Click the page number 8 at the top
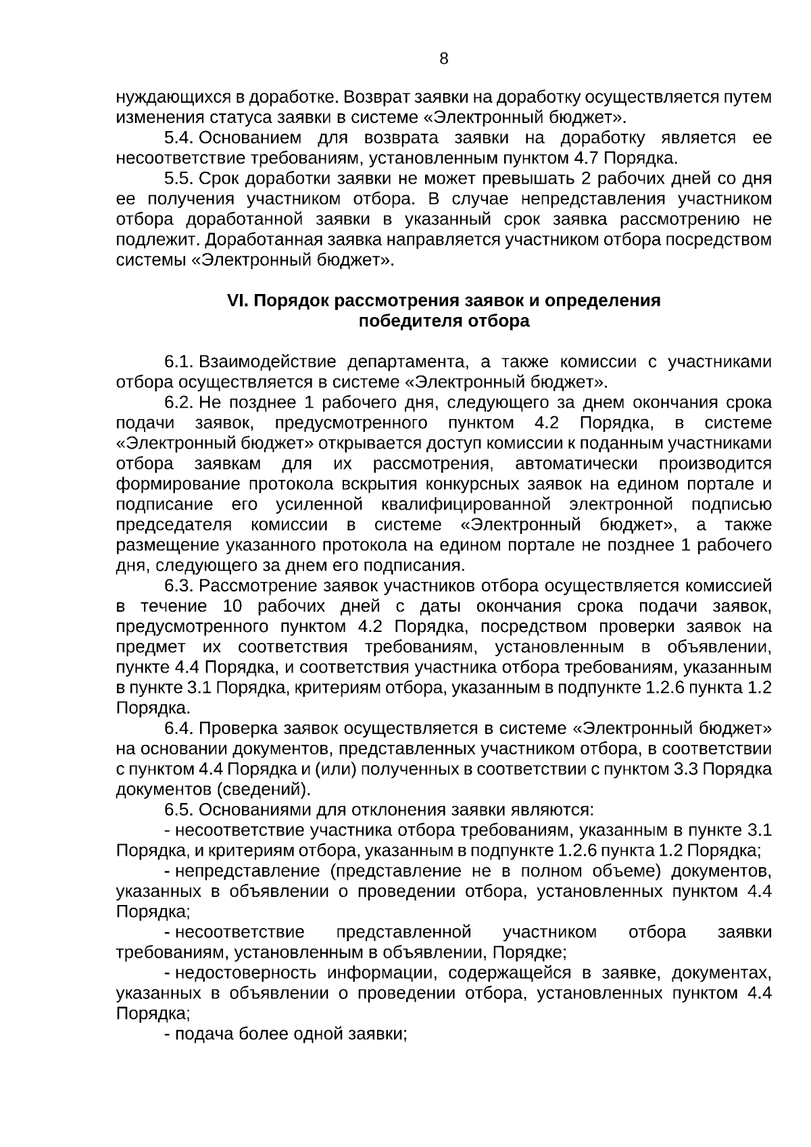443,58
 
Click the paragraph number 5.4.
179,139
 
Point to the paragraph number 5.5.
179,179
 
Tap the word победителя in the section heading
410,322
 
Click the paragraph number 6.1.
179,362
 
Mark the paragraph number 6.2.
179,403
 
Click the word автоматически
576,464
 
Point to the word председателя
174,525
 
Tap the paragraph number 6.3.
179,586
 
